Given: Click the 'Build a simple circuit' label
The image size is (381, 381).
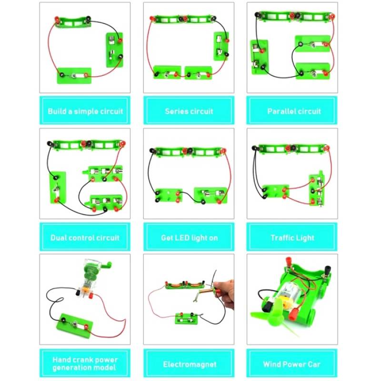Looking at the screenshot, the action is click(85, 111).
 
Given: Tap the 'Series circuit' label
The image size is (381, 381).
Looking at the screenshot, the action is click(189, 111).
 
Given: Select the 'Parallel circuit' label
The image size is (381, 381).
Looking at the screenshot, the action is click(294, 111).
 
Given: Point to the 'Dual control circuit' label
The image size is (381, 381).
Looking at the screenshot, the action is click(85, 238).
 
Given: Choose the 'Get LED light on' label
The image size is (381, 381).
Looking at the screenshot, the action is click(189, 238).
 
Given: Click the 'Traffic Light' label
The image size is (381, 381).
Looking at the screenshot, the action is click(292, 238).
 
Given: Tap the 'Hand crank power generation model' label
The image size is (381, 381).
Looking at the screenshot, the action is click(85, 363).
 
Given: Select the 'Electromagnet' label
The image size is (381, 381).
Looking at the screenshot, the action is click(190, 364).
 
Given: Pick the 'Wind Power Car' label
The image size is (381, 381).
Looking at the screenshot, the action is click(291, 364).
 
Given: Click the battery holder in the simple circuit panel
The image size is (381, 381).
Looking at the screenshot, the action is click(73, 22).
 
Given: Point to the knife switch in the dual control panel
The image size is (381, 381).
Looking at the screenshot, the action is click(58, 188).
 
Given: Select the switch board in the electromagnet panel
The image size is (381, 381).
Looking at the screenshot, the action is click(187, 318).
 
